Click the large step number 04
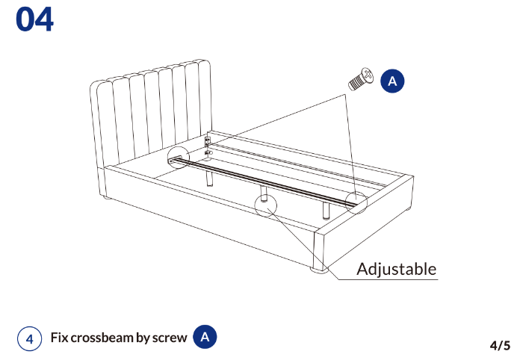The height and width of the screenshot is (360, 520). point(34,19)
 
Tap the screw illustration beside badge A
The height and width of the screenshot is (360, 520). point(361,79)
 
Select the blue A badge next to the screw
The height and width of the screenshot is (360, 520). point(392,81)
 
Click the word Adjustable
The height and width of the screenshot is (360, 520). point(396,269)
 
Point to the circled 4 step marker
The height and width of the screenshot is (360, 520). point(30,338)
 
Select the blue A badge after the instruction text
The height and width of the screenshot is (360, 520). point(205,337)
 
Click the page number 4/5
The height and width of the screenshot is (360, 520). point(500,345)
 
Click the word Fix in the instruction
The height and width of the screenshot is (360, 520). point(59,338)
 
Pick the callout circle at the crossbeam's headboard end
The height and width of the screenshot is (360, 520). point(179,157)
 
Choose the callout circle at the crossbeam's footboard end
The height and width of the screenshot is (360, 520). point(356,202)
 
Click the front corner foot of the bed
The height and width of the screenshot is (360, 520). point(319,270)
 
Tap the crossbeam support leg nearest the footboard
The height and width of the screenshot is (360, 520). point(326,210)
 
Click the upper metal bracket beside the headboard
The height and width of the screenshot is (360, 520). point(207,141)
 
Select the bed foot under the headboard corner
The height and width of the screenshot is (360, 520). point(107,198)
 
